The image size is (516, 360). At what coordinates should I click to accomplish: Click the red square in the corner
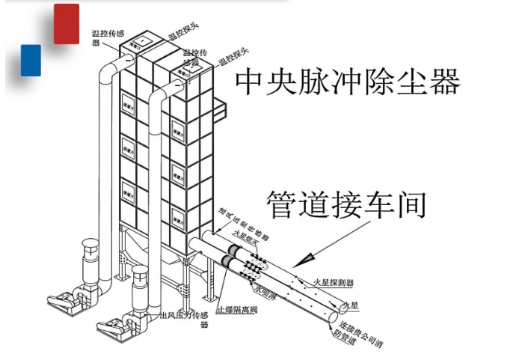[67, 23]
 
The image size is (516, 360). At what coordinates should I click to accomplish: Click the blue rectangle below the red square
[31, 60]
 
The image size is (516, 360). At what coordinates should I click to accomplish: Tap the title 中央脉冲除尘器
[347, 82]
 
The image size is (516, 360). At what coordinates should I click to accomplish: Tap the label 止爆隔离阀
[236, 308]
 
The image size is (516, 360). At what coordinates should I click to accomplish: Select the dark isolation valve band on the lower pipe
[227, 263]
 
